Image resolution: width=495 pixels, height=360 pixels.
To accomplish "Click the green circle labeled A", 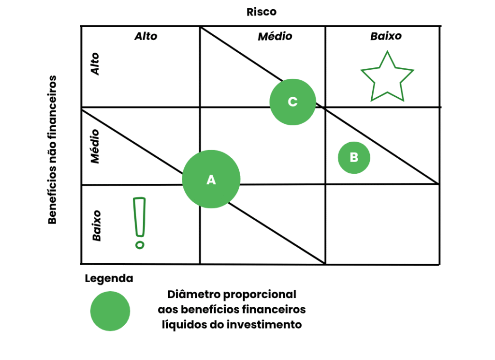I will coord(211,179).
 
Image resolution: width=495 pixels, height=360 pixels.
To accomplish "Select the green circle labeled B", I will coord(354,157).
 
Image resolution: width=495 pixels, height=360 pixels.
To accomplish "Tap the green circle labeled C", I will coord(292,102).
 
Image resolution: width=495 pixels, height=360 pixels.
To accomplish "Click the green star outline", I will coord(387,78).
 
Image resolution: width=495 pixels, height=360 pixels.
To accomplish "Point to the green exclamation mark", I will coord(140,222).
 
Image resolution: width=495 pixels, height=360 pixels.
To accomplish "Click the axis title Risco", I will coord(262,12).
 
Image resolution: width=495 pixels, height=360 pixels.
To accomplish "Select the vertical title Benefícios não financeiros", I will coord(53,150).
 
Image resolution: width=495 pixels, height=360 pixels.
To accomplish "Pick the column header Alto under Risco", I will coord(146,36).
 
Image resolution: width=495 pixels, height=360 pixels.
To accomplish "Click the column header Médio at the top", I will coord(275,36).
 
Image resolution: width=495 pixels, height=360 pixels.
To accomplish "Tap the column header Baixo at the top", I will coord(386,36).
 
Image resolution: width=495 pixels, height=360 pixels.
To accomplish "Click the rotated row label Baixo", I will coord(97,225).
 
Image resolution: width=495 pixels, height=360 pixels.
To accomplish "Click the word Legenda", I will coord(109,279).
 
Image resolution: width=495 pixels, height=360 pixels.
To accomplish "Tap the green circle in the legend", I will coord(110,311).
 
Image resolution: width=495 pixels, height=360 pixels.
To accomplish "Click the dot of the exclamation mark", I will coord(140,245).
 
